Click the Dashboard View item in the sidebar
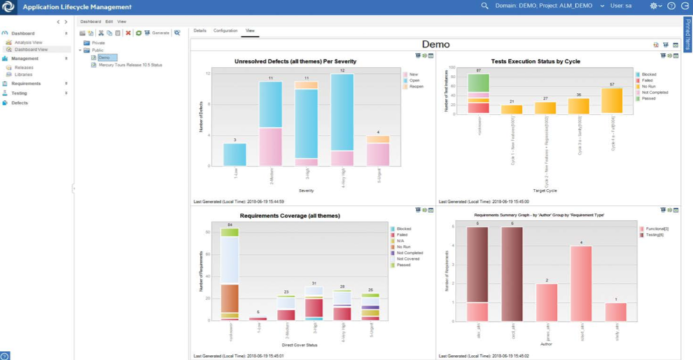click(x=31, y=49)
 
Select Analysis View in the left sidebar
click(x=28, y=43)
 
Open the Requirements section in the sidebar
click(x=25, y=83)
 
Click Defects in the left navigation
click(x=19, y=102)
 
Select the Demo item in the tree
click(x=104, y=58)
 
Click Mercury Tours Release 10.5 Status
click(x=130, y=65)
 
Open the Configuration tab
click(x=225, y=31)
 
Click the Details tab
click(x=200, y=31)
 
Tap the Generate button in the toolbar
click(x=160, y=33)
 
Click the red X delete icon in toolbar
click(x=128, y=33)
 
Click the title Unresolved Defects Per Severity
click(x=295, y=62)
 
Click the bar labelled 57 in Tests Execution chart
click(x=612, y=100)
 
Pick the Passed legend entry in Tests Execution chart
click(x=648, y=99)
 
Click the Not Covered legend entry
click(x=408, y=259)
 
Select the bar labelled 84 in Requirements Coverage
click(x=229, y=273)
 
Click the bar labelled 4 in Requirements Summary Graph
click(x=581, y=283)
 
